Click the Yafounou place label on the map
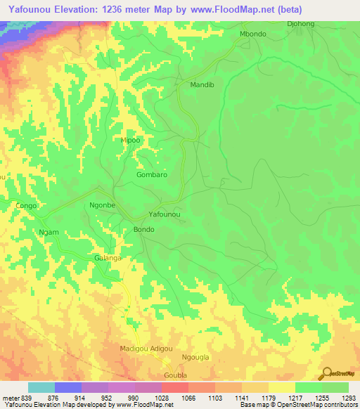point(165,214)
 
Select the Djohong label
point(302,23)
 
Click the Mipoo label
point(131,140)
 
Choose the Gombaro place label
point(152,174)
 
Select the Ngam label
point(49,232)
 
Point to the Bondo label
point(143,230)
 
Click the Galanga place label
point(108,258)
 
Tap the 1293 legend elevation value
point(349,398)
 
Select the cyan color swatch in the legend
point(41,387)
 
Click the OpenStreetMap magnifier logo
point(326,372)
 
